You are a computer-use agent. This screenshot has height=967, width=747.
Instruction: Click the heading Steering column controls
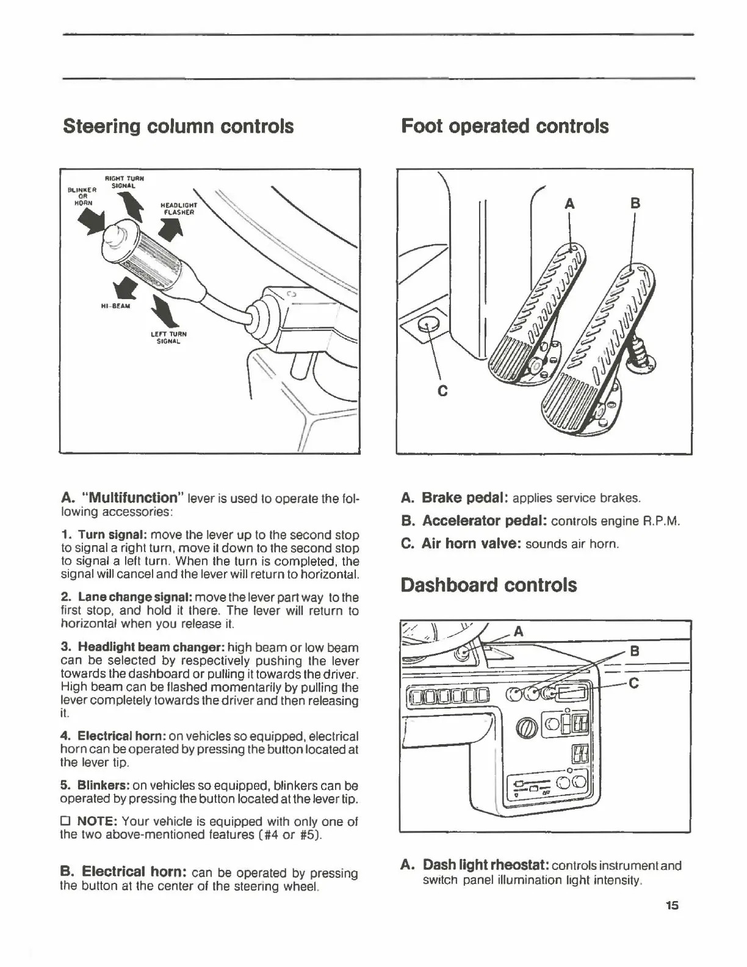(178, 126)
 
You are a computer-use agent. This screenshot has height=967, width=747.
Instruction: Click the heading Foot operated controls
(505, 126)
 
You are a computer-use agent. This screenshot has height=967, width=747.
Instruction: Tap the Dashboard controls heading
(488, 585)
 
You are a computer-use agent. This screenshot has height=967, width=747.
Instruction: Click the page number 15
(672, 905)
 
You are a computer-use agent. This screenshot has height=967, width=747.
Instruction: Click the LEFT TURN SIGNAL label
(168, 338)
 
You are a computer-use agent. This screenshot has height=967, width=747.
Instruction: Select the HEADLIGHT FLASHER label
(178, 209)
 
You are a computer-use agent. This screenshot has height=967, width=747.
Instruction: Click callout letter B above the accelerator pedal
(635, 203)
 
